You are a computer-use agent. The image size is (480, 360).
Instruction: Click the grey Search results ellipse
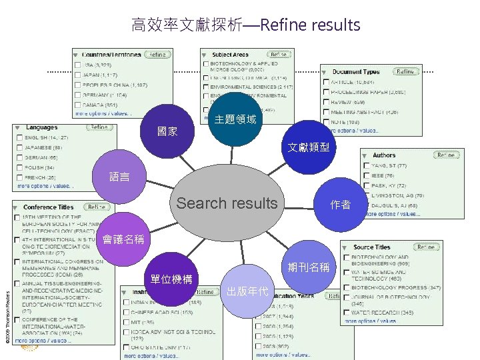point(227,203)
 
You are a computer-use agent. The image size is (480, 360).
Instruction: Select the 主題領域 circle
point(235,120)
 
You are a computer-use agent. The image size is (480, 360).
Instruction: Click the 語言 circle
point(120,177)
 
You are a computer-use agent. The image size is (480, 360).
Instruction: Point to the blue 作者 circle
point(340,205)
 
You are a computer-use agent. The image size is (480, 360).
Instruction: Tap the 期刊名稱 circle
point(309,267)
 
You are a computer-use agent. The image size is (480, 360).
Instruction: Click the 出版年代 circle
point(247,291)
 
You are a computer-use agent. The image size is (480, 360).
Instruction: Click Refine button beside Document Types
point(405,71)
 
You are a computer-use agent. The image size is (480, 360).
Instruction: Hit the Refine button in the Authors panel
point(446,155)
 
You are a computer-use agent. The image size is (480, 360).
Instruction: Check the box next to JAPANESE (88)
point(18,147)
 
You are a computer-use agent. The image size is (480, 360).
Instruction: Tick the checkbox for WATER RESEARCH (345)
point(347,311)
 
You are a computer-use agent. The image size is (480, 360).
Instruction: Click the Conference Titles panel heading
point(48,207)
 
